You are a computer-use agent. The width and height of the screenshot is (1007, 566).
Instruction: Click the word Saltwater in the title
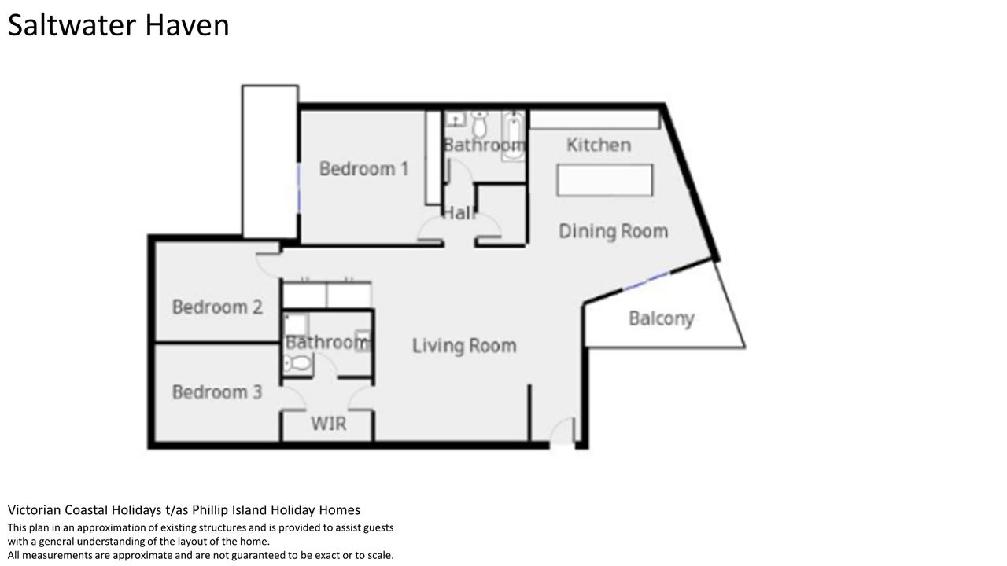point(72,25)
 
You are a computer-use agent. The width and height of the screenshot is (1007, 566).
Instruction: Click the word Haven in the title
point(187,25)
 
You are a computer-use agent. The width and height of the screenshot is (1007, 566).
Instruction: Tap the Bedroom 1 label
point(363,169)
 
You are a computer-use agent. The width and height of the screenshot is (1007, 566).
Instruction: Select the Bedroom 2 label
point(217,307)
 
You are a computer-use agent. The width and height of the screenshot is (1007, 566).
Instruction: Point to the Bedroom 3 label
point(217,392)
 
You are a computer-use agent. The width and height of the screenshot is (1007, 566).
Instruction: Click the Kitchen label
point(599,145)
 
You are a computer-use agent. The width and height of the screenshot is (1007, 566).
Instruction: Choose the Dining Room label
point(613,231)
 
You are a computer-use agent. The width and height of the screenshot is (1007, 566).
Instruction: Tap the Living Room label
point(464,346)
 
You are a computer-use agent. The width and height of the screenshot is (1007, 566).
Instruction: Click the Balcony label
point(662,319)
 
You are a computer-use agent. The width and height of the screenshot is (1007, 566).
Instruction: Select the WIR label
point(329,424)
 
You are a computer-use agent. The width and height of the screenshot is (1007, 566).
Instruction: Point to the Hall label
point(459,213)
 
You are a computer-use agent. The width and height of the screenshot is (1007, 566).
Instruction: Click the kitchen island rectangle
point(605,180)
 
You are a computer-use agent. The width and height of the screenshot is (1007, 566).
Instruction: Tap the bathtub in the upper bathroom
point(513,136)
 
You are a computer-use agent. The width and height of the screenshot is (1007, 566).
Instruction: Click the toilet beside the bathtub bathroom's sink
point(480,124)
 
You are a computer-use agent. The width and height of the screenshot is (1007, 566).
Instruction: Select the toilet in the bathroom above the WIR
point(297,363)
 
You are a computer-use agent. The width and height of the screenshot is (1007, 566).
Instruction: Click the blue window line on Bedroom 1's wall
point(298,188)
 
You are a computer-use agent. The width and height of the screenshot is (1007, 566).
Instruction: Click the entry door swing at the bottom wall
point(562,432)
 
